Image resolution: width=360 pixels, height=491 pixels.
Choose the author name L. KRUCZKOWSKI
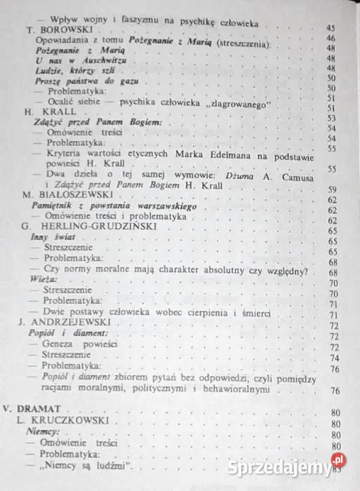(x=62, y=424)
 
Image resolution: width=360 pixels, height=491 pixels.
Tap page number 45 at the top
(x=331, y=27)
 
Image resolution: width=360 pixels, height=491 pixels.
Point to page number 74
(x=335, y=358)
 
